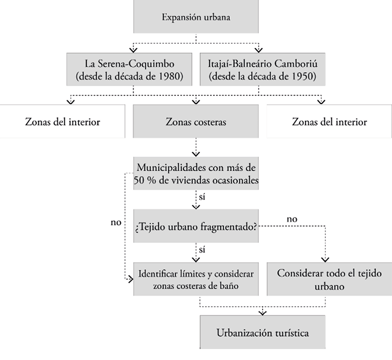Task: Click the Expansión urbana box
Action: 196,17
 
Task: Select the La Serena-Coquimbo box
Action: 133,69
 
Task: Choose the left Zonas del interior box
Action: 62,122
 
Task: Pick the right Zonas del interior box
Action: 329,122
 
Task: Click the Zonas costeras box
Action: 196,122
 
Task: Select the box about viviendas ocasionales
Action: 196,173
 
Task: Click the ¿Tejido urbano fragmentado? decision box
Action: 196,225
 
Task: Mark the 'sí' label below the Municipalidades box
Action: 201,198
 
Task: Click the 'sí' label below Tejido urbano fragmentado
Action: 201,250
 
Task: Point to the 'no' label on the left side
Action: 115,222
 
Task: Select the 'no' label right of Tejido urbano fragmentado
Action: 292,219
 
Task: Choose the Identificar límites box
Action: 196,279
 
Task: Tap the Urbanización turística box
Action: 262,333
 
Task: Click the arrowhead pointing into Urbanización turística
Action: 263,313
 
